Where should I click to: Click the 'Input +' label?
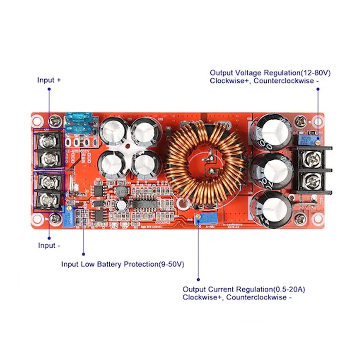(49, 80)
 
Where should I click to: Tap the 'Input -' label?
(49, 246)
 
